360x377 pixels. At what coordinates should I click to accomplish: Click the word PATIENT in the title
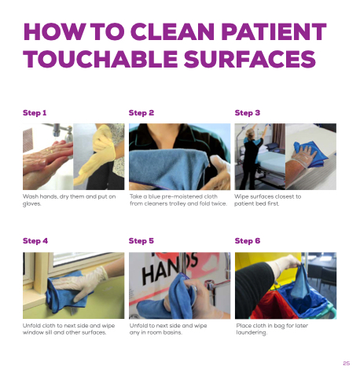[274, 31]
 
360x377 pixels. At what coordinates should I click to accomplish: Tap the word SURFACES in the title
[250, 59]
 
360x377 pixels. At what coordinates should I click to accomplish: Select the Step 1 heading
[35, 113]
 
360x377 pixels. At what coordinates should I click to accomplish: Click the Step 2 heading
[141, 113]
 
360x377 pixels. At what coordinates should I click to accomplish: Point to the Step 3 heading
[248, 113]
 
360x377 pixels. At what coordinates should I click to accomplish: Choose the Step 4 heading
[35, 241]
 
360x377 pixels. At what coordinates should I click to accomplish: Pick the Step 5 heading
[141, 241]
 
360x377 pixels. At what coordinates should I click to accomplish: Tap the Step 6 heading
[248, 241]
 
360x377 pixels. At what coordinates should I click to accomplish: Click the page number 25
[347, 363]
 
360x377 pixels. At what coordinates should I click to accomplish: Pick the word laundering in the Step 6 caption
[252, 332]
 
